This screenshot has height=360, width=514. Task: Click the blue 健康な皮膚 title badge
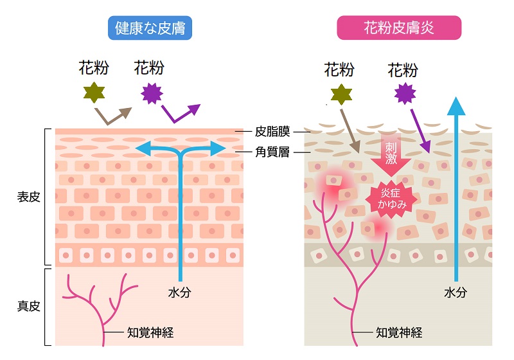coord(150,28)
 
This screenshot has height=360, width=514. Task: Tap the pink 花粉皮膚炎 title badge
coord(399,28)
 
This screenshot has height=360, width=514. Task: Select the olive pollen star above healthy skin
coord(94,93)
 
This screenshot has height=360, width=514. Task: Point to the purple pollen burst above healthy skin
coord(152,93)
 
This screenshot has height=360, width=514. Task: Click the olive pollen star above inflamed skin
coord(341,94)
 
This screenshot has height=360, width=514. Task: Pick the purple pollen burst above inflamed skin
coord(405,94)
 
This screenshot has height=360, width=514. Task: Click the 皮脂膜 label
coord(272,132)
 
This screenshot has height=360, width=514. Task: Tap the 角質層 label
coord(272,152)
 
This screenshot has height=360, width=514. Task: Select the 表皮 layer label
coord(28,197)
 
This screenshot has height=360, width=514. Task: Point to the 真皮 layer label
coord(28,306)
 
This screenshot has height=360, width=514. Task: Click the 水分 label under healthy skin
coord(180,292)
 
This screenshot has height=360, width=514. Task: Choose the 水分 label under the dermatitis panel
coord(456,292)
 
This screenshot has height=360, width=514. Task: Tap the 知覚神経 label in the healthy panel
coord(150,332)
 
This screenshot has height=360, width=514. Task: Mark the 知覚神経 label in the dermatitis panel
coord(399,332)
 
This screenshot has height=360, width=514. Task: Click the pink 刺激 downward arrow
coord(391,154)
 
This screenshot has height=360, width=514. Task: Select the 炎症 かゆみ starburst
coord(391,199)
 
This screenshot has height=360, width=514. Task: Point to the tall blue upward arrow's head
coord(456,106)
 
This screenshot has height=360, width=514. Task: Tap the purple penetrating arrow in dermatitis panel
coord(421,131)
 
